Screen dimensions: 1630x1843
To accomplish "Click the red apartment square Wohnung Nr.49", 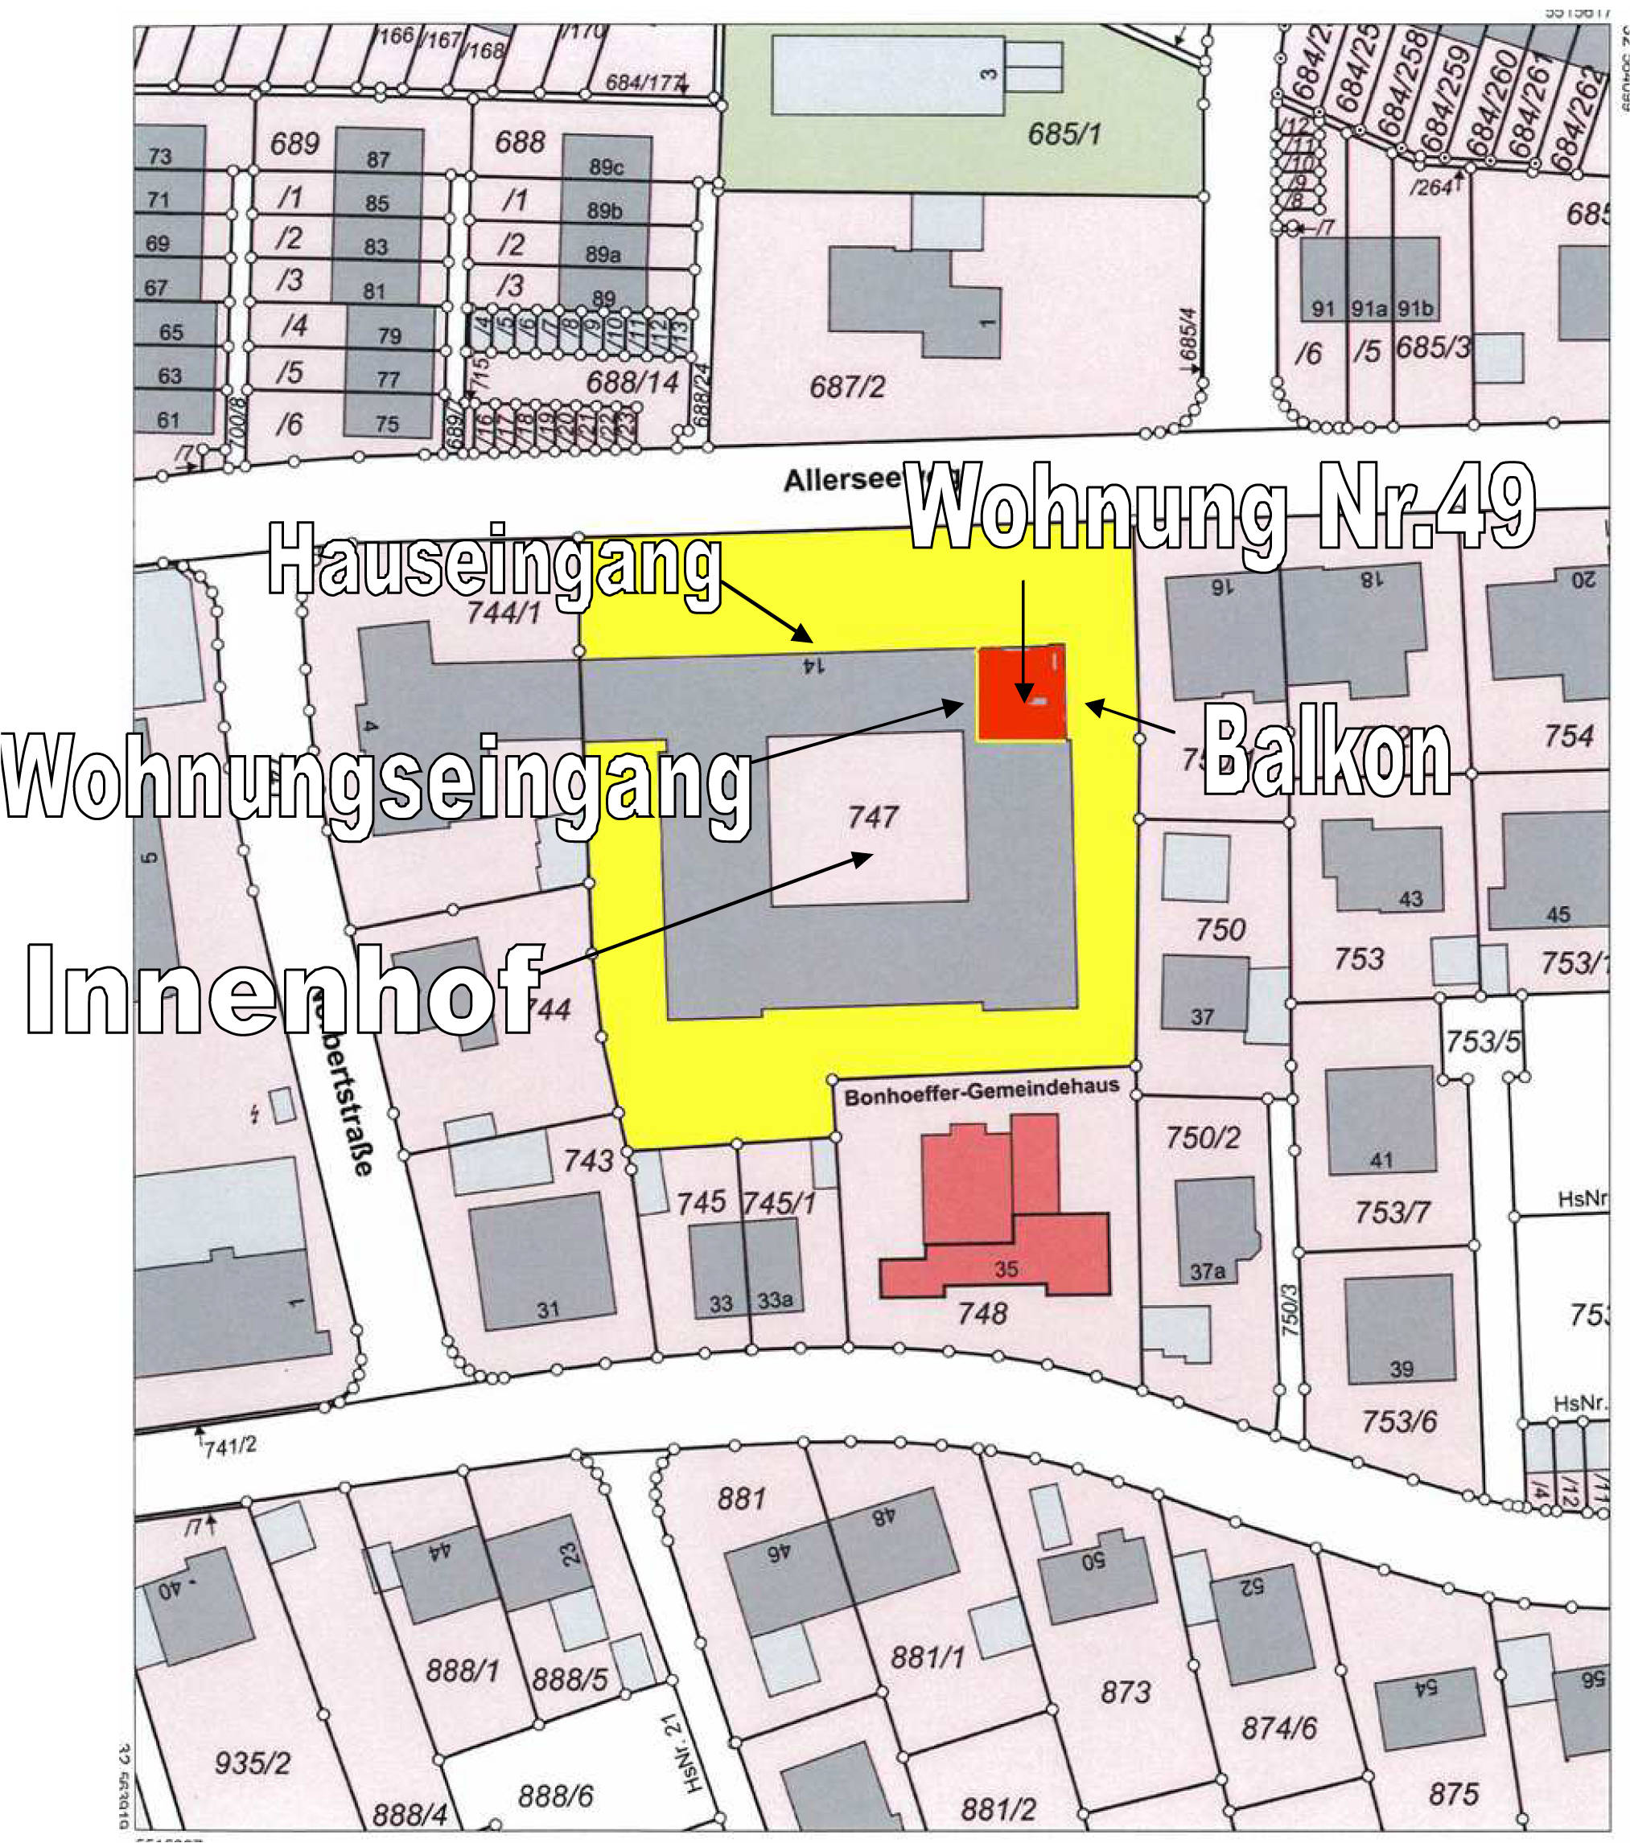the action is pyautogui.click(x=1022, y=692).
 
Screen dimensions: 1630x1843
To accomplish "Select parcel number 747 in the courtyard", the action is pyautogui.click(x=872, y=817).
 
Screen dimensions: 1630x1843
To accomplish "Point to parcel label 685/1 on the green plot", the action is pyautogui.click(x=1064, y=135).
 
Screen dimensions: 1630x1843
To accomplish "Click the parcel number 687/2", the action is pyautogui.click(x=847, y=388).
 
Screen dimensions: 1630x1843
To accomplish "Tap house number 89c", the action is pyautogui.click(x=606, y=166).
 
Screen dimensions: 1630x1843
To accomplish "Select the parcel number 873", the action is pyautogui.click(x=1125, y=1692).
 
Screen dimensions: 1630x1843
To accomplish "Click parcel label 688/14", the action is pyautogui.click(x=632, y=382).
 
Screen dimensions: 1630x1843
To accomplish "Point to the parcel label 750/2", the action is pyautogui.click(x=1203, y=1138).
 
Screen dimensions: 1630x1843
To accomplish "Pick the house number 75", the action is pyautogui.click(x=387, y=424).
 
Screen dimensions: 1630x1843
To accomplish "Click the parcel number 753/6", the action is pyautogui.click(x=1399, y=1422).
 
